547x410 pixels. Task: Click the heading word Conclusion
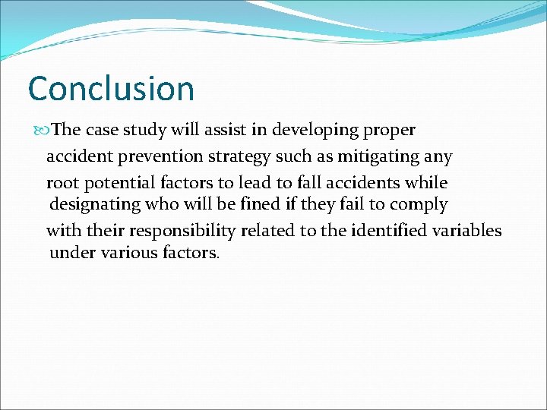coord(111,88)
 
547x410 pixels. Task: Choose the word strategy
coord(234,157)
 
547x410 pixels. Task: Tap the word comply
coord(419,205)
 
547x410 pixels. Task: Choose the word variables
coord(467,230)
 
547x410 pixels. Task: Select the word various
coord(127,253)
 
